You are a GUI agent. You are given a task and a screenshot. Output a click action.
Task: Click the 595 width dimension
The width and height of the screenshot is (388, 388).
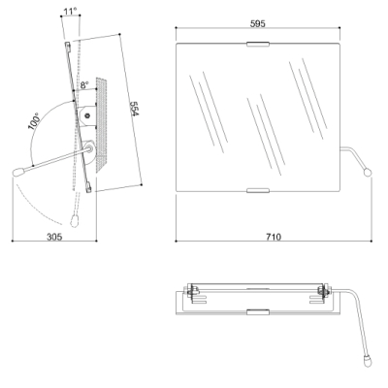pos(258,23)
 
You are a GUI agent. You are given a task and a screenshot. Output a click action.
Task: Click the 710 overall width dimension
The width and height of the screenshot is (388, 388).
pos(274,237)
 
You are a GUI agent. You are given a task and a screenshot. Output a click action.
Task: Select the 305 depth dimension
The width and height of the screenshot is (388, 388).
pos(54,237)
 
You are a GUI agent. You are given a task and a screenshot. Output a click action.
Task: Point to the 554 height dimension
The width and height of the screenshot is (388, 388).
pos(134,109)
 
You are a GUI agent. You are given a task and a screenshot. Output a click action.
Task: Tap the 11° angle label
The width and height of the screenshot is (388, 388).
pos(70,12)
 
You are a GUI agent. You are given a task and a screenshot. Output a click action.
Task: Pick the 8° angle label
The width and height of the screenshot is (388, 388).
pos(84,85)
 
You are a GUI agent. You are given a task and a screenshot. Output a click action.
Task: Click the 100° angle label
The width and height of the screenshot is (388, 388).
pos(34,121)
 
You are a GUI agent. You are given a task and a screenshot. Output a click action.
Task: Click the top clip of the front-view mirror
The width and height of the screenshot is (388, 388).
pos(258,45)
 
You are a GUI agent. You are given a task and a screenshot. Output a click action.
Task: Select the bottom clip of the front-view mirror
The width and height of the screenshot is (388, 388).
pos(258,190)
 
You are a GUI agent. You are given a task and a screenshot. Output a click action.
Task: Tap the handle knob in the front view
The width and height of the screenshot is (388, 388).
pos(368,173)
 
